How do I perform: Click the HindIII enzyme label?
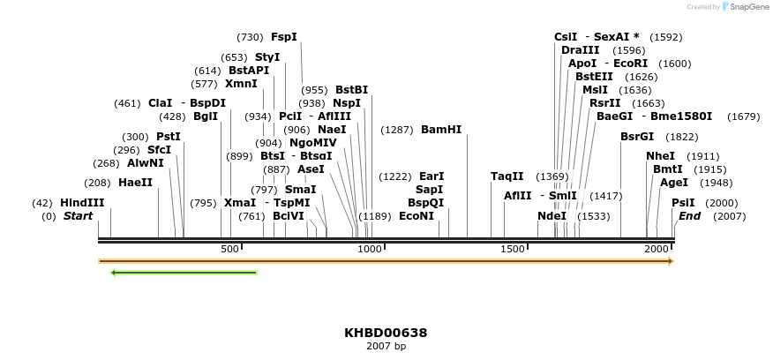(x=82, y=203)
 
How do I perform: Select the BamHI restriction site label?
(x=441, y=130)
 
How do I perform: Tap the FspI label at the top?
(x=284, y=37)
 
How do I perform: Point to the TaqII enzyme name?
(x=507, y=176)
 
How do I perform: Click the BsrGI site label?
(x=637, y=137)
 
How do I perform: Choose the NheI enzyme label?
(x=660, y=156)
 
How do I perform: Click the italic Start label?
(x=78, y=216)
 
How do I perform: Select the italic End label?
(x=689, y=216)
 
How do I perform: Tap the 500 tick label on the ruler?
(x=230, y=250)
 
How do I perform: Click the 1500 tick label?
(x=514, y=250)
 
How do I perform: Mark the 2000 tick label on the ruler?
(x=657, y=250)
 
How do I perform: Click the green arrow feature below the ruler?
(x=184, y=273)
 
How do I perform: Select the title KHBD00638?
(x=386, y=333)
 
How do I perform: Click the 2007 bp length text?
(x=386, y=346)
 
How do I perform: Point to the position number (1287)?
(x=396, y=130)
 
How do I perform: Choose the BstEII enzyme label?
(x=593, y=77)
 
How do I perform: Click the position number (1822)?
(x=682, y=137)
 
